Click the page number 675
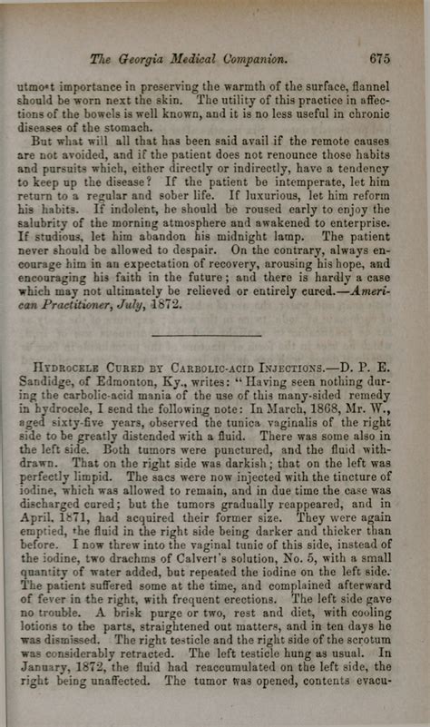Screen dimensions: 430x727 [379, 58]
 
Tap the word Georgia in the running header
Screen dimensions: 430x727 [157, 59]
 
